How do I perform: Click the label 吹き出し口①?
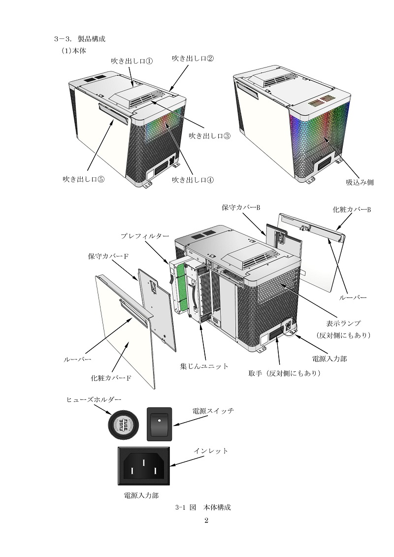pos(131,62)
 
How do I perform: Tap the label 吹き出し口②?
pos(193,58)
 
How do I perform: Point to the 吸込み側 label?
pos(360,182)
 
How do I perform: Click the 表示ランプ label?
pos(344,324)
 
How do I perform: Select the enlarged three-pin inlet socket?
pos(143,465)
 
